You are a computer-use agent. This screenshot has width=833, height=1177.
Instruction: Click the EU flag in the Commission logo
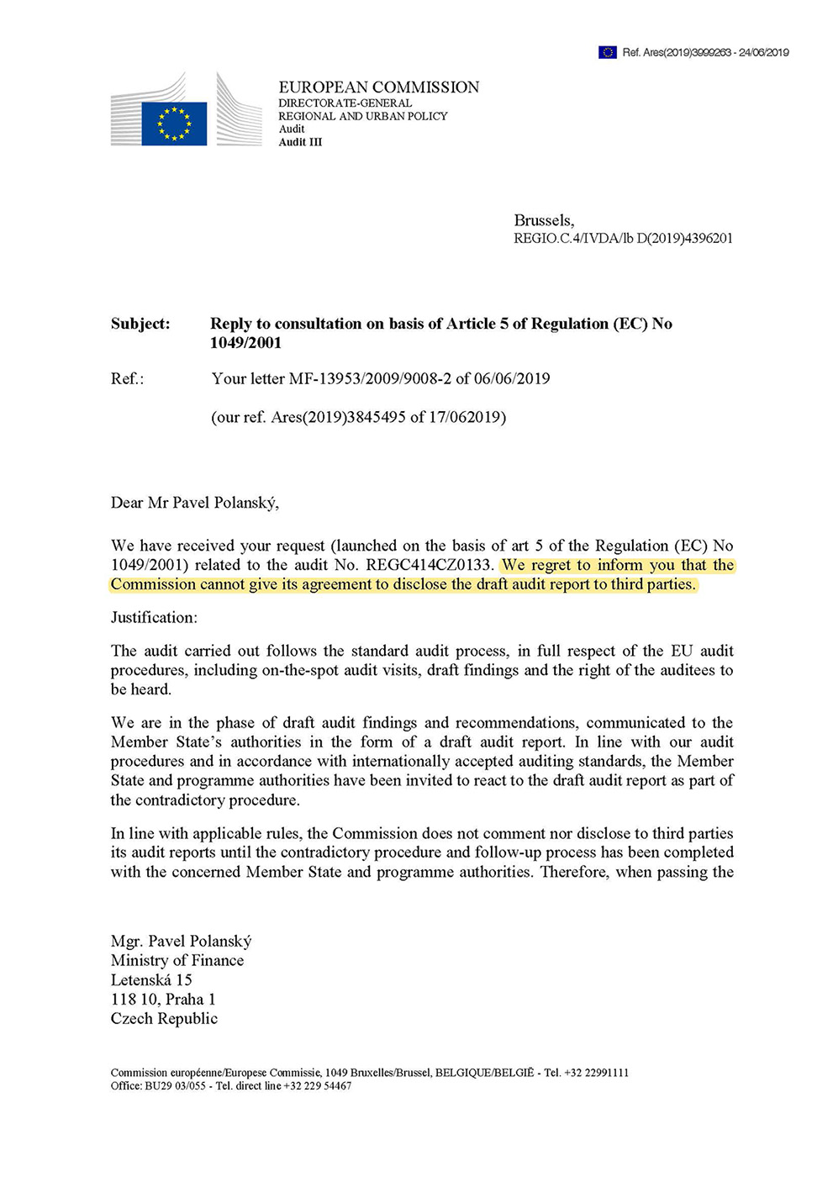click(x=174, y=123)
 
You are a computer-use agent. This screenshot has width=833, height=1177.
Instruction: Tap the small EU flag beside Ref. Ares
click(x=607, y=52)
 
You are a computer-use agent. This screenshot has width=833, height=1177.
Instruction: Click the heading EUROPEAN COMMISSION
click(x=378, y=87)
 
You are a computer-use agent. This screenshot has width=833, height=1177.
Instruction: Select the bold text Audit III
click(x=300, y=142)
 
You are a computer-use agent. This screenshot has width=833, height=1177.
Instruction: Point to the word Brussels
click(x=543, y=220)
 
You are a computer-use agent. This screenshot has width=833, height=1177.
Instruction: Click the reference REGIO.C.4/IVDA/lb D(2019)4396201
click(x=623, y=239)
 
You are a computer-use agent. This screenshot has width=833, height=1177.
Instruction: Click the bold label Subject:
click(x=140, y=324)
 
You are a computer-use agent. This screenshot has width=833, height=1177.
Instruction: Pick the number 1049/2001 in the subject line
click(x=245, y=343)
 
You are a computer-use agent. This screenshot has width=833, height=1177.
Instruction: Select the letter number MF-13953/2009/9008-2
click(x=370, y=379)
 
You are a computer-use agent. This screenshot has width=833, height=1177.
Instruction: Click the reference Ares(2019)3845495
click(x=338, y=418)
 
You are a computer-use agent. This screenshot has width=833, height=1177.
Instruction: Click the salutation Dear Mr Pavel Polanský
click(x=194, y=503)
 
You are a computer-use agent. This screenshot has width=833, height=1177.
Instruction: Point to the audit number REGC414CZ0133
click(x=429, y=565)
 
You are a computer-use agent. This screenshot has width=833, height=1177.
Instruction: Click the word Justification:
click(x=154, y=618)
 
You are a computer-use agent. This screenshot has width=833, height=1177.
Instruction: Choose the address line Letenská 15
click(x=151, y=980)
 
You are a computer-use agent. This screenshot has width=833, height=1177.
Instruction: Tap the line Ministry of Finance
click(x=177, y=961)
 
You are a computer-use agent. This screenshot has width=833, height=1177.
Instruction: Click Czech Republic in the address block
click(x=164, y=1019)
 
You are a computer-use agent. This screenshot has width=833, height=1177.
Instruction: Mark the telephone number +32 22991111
click(x=596, y=1073)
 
